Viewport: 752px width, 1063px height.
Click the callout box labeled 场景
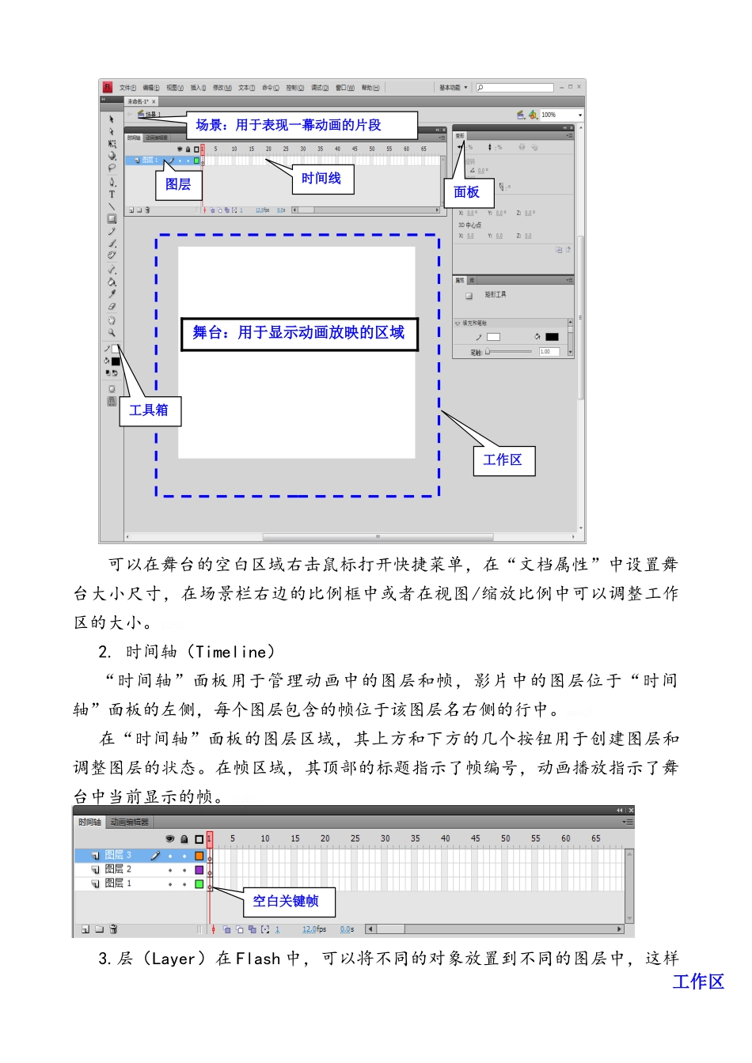click(x=302, y=125)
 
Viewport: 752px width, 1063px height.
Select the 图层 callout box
click(x=178, y=184)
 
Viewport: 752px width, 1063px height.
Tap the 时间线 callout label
click(x=321, y=179)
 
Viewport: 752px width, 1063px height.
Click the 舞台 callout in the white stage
click(x=298, y=333)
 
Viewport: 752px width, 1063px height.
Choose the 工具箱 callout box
click(x=149, y=410)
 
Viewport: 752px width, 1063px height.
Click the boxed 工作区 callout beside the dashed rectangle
click(x=503, y=460)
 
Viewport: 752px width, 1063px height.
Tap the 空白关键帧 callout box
click(x=286, y=901)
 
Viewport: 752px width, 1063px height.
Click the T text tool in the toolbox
click(x=112, y=194)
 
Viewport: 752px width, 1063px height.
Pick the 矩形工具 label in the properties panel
click(x=495, y=294)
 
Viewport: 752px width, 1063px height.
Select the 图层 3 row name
click(x=118, y=855)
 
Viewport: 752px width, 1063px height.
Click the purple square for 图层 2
click(x=199, y=869)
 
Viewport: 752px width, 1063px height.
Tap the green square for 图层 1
click(x=199, y=883)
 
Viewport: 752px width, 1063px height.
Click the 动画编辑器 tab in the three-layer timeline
click(x=130, y=823)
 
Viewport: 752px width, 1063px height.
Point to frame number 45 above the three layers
click(x=475, y=838)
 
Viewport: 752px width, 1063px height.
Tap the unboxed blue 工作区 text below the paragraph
click(x=698, y=982)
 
